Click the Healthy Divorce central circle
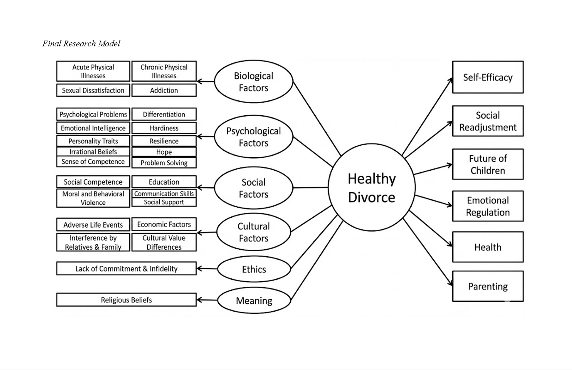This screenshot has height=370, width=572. tap(371, 188)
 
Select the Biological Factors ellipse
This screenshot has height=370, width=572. tap(253, 82)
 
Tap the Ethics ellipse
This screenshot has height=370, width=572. tap(254, 269)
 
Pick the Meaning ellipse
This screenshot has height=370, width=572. tap(254, 300)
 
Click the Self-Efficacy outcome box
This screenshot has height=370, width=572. tap(488, 77)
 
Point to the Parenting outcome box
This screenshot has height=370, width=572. tap(488, 286)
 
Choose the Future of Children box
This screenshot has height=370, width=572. tap(488, 164)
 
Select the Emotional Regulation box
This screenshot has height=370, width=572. tap(488, 206)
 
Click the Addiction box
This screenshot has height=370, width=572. tap(164, 90)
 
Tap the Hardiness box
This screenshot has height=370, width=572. tap(164, 128)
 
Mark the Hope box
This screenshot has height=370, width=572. tap(164, 152)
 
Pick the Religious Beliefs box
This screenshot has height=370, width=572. tap(126, 300)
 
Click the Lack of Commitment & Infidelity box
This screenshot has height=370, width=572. tap(126, 269)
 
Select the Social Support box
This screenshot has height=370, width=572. tap(164, 202)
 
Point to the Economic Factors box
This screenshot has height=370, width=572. tap(164, 224)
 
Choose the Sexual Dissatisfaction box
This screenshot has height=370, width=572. tap(93, 90)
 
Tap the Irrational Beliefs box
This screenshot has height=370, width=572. tap(93, 151)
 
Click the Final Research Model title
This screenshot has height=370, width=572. tap(81, 43)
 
